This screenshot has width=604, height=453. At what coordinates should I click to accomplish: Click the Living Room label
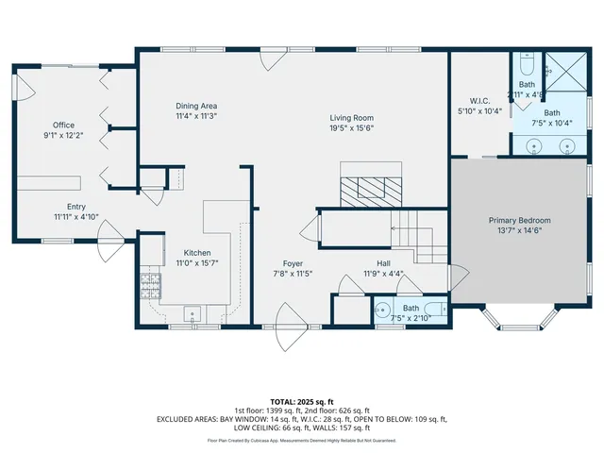click(352, 116)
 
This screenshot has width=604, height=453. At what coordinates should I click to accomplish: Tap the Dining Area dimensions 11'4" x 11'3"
click(196, 117)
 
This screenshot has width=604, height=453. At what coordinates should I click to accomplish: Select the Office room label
click(63, 125)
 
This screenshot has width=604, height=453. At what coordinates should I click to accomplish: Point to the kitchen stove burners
click(149, 282)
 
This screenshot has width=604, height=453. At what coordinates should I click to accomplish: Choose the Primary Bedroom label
click(519, 220)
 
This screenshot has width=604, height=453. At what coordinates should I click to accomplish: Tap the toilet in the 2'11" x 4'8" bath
click(526, 64)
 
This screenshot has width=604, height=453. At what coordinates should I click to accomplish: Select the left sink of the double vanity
click(535, 145)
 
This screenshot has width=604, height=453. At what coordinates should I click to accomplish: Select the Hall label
click(383, 263)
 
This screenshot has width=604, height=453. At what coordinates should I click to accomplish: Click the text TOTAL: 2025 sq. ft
click(302, 400)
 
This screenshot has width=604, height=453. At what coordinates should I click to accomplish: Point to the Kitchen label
click(196, 253)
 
